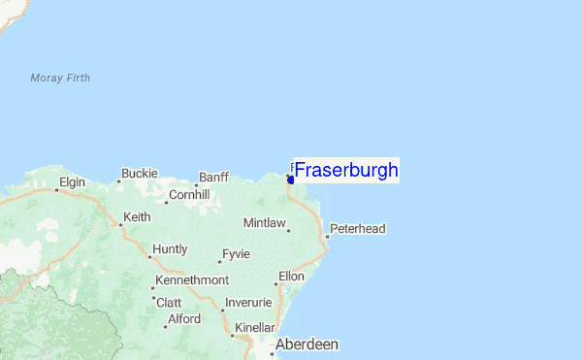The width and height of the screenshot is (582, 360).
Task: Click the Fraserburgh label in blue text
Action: pos(346,171)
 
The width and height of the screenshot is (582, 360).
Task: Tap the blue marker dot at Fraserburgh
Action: pos(291,180)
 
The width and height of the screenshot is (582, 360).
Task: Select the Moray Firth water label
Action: pos(60,78)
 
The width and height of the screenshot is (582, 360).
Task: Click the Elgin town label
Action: pos(74,181)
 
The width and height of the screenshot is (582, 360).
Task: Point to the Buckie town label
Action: pos(140,174)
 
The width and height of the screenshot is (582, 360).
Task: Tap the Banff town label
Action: pos(213,177)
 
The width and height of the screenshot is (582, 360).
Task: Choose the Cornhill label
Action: pos(189,194)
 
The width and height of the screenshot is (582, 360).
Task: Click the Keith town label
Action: pos(137,217)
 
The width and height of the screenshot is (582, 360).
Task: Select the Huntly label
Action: pos(170,249)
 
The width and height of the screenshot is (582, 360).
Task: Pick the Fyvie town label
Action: pos(236,253)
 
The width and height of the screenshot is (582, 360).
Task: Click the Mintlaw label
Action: pos(264,223)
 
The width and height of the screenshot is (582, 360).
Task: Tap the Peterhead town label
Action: pos(358,229)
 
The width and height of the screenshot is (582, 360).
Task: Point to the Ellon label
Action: pos(291,276)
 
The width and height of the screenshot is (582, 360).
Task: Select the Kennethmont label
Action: pos(192,281)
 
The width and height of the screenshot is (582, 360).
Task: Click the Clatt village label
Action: pos(169,302)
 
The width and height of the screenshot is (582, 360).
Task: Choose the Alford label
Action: pos(184,318)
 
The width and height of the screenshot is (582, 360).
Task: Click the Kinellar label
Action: pos(254,328)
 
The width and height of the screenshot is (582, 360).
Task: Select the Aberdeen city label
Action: pos(307,344)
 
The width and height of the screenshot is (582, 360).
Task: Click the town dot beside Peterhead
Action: pos(327,234)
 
